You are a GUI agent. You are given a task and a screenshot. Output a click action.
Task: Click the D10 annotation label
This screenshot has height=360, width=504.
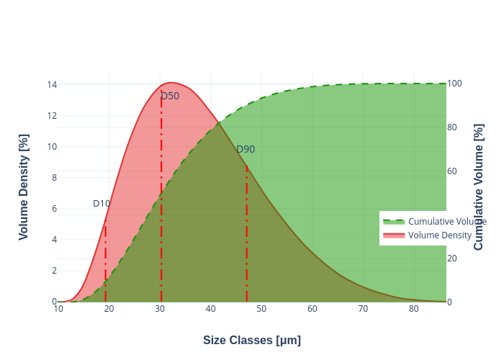tap(102, 204)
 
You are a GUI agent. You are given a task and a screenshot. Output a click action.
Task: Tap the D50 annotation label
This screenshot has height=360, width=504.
tap(170, 96)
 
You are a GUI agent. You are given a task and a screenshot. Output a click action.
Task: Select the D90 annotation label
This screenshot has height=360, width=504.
tap(246, 149)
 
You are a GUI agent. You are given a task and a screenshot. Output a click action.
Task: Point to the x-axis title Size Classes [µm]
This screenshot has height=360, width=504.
tap(252, 340)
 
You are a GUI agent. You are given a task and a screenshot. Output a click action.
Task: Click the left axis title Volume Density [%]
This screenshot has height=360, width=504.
tap(24, 186)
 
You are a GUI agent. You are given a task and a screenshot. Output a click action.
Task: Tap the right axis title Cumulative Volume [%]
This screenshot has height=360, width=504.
tap(479, 186)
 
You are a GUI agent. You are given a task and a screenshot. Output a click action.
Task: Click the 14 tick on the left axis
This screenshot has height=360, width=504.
tap(52, 84)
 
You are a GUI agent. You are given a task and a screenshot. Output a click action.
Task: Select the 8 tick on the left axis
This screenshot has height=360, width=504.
tap(52, 177)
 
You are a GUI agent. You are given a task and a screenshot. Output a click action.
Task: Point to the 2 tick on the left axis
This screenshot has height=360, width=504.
tap(52, 270)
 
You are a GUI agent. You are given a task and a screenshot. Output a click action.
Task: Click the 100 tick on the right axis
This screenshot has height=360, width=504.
tap(454, 84)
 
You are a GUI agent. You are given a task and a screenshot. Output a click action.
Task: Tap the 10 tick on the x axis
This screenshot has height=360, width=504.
tap(58, 309)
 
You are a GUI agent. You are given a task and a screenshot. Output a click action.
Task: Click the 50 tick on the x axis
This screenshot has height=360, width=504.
tap(261, 309)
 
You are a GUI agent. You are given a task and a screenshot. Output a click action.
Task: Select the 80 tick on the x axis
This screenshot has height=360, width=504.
tap(414, 309)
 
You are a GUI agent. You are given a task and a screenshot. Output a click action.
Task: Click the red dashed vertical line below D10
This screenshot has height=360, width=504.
tap(105, 266)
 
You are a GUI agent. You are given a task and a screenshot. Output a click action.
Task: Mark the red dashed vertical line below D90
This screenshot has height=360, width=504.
tap(246, 238)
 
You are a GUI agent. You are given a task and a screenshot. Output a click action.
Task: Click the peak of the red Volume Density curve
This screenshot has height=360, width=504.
tap(170, 83)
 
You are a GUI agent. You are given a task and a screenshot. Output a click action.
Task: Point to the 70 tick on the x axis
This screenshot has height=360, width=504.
tap(363, 309)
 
